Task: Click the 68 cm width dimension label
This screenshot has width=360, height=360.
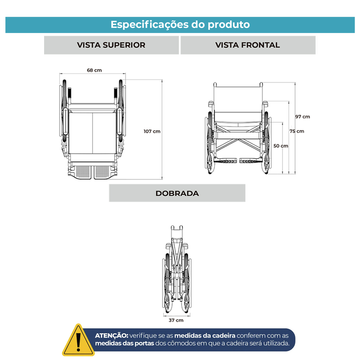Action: [x=94, y=70]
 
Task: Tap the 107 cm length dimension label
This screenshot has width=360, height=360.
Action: [x=152, y=131]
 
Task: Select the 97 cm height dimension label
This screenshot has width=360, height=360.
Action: [x=302, y=117]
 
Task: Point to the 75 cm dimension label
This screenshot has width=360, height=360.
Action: [x=297, y=131]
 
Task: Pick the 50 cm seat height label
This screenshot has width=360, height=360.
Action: [x=281, y=146]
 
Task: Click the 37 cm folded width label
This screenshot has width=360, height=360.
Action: [x=176, y=320]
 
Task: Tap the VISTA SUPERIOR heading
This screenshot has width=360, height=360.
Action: [x=111, y=45]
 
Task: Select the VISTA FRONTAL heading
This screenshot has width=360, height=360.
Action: [x=247, y=45]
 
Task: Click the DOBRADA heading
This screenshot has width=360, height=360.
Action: [x=177, y=193]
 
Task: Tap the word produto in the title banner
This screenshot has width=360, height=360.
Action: [x=229, y=25]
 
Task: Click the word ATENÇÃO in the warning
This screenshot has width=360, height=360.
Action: [x=112, y=335]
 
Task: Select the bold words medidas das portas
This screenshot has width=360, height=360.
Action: [x=124, y=343]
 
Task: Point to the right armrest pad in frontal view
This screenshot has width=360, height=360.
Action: [x=265, y=103]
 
